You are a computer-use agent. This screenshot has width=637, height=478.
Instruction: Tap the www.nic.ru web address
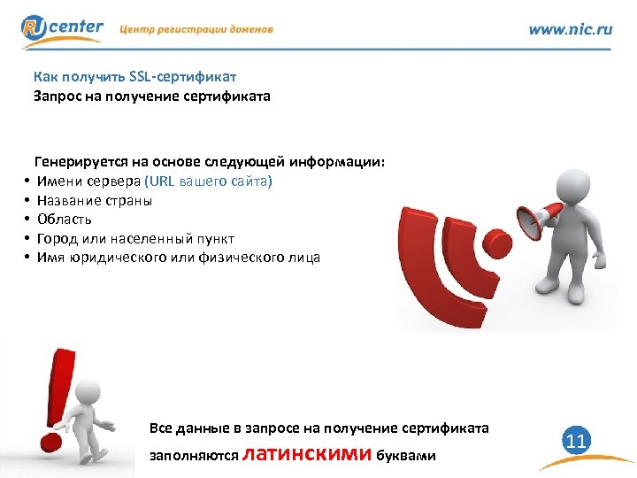coord(570,29)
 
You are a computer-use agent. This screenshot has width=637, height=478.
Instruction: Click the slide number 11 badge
coord(576,440)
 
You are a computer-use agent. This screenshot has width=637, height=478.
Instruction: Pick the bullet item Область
coord(64,220)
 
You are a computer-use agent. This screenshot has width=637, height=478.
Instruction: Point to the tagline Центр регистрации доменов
coord(196,29)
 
